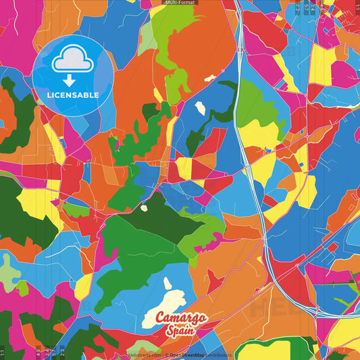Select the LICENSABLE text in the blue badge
(x=72, y=95)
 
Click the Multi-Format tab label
(x=180, y=3)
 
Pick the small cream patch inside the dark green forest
(x=143, y=208)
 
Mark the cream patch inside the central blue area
(x=201, y=108)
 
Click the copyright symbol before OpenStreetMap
(x=167, y=355)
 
